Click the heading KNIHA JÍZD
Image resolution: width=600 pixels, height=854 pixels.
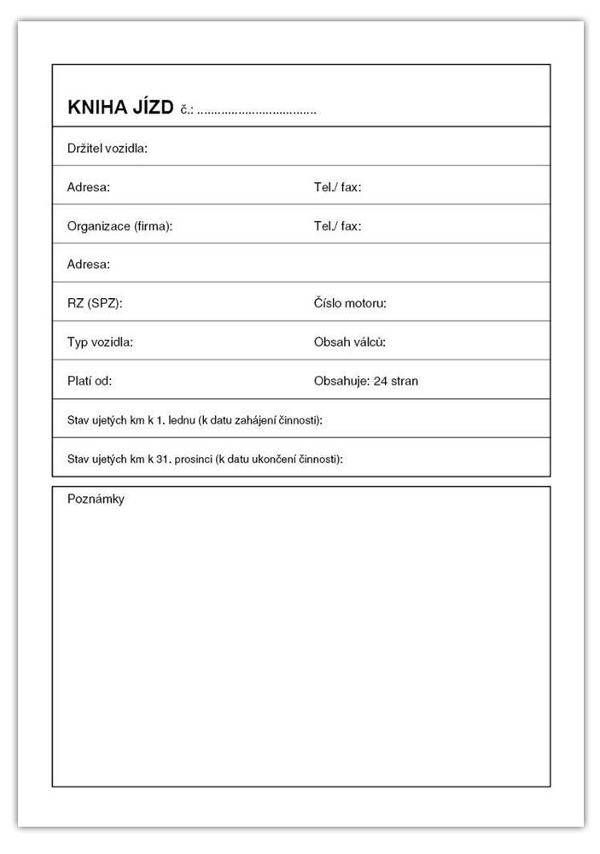click(x=119, y=108)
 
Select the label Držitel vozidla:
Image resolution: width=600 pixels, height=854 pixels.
click(x=108, y=149)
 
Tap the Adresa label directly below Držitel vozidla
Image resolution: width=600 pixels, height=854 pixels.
click(x=88, y=187)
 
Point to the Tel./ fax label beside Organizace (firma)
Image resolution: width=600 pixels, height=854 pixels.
click(x=337, y=226)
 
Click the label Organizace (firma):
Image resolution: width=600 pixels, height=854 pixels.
click(x=119, y=226)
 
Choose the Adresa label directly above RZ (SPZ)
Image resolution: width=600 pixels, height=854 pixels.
click(x=88, y=265)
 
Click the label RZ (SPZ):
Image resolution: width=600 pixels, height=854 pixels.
click(x=96, y=303)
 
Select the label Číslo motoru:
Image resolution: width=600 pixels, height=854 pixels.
click(x=350, y=303)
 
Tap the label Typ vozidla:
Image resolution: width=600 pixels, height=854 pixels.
click(x=100, y=342)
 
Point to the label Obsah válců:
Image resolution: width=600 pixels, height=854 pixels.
click(x=350, y=342)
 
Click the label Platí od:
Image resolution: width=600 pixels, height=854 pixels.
click(x=90, y=381)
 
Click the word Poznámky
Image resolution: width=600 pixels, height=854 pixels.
click(x=96, y=500)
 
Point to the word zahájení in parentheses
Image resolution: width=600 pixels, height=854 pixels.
click(x=253, y=420)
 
